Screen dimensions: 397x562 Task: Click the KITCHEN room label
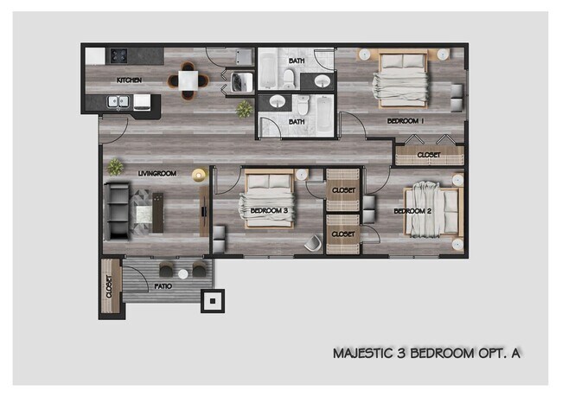[x=129, y=80]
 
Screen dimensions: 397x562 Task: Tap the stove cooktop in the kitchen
[x=117, y=55]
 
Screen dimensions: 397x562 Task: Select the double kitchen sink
[x=120, y=102]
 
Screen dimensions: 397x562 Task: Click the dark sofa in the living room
[x=116, y=211]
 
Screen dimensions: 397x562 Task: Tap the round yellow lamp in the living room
[x=199, y=175]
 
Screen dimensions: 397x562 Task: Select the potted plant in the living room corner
[x=113, y=166]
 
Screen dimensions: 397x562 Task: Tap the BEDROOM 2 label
[x=412, y=211]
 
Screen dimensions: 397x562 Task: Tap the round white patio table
[x=182, y=273]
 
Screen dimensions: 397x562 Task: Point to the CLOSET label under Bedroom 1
[x=428, y=156]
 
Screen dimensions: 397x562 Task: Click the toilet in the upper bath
[x=288, y=79]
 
